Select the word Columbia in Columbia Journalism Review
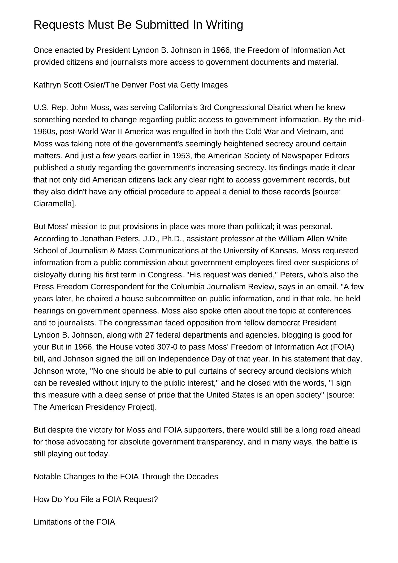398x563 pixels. [187, 287]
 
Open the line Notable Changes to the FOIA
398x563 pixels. [126, 477]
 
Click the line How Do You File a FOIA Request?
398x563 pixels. [96, 499]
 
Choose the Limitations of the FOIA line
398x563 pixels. [74, 522]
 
